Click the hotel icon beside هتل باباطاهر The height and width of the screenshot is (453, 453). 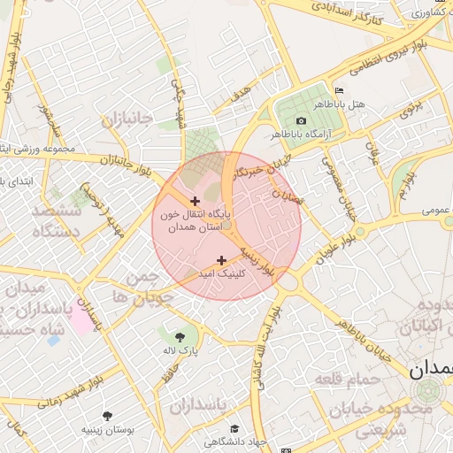tap(340, 91)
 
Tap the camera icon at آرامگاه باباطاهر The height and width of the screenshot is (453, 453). tap(301, 120)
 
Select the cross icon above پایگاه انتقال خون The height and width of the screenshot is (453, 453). tap(195, 202)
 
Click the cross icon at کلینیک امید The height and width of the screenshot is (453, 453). tap(220, 259)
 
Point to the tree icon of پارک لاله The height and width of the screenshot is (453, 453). tap(180, 336)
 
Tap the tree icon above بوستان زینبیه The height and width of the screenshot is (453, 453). tap(108, 414)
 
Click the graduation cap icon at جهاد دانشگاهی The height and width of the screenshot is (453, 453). tap(234, 428)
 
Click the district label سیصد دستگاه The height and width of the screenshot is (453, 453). tap(56, 221)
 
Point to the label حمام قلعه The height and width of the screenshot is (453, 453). tap(346, 379)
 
